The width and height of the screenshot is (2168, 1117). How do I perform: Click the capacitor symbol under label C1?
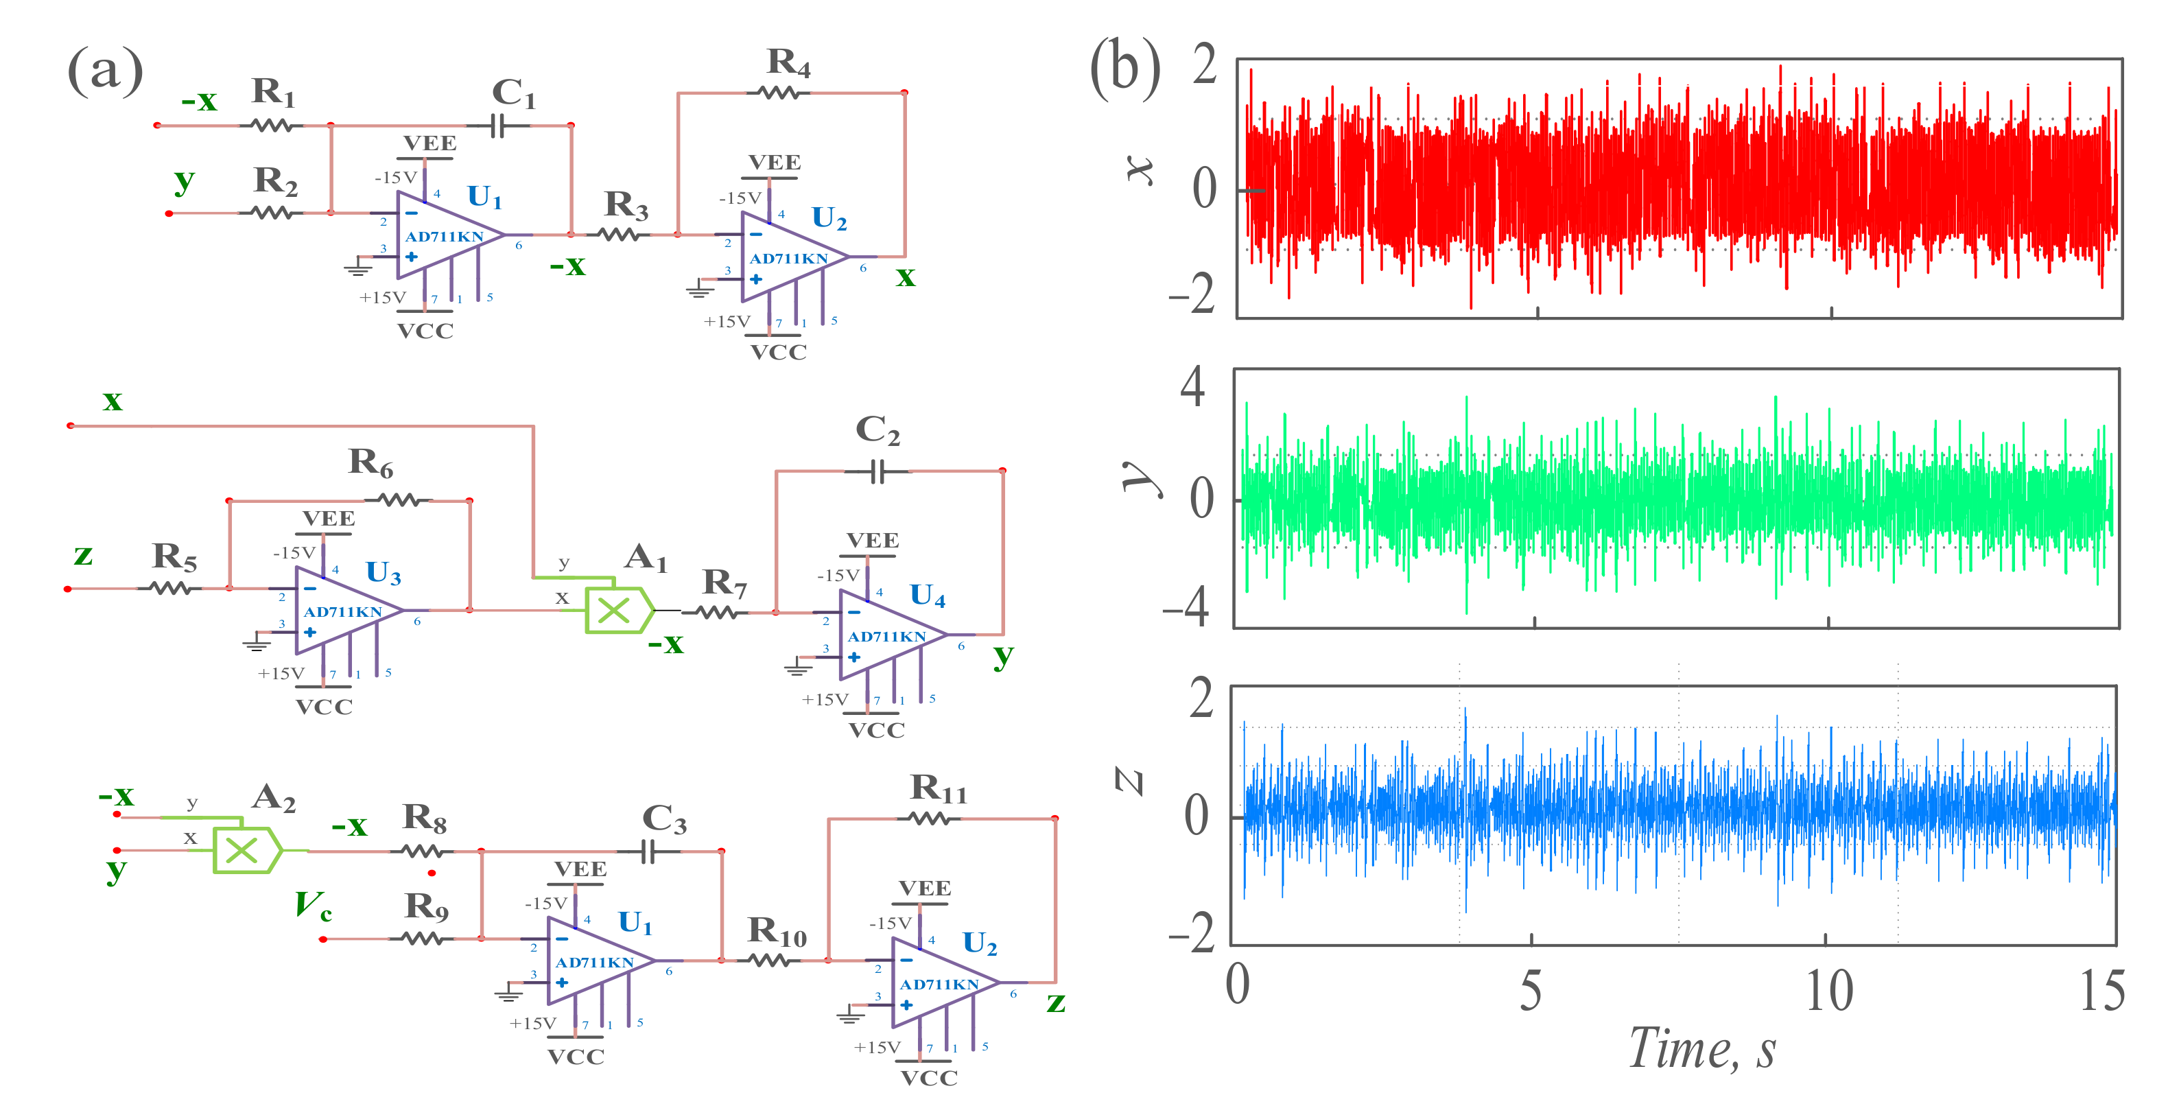(497, 126)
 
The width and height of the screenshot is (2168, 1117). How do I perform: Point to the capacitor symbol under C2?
(877, 471)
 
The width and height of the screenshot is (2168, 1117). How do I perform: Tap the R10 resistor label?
(776, 931)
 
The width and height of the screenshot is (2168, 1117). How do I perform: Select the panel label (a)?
(104, 70)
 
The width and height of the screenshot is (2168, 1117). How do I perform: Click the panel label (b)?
(1124, 70)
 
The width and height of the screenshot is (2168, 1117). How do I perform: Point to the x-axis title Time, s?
(1701, 1049)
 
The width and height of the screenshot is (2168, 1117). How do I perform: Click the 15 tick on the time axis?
(2101, 991)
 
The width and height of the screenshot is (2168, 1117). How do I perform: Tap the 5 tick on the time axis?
(1531, 991)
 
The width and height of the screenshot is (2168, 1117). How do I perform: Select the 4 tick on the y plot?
(1192, 388)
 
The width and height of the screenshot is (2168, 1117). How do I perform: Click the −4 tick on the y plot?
(1186, 608)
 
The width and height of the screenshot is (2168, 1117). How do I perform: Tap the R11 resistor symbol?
(928, 818)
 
